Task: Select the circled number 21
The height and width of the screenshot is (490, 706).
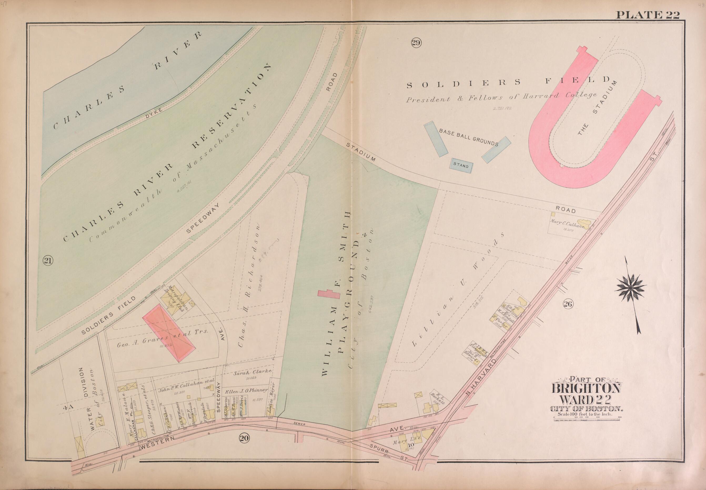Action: (48, 261)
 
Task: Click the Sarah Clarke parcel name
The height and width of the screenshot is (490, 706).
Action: (253, 373)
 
